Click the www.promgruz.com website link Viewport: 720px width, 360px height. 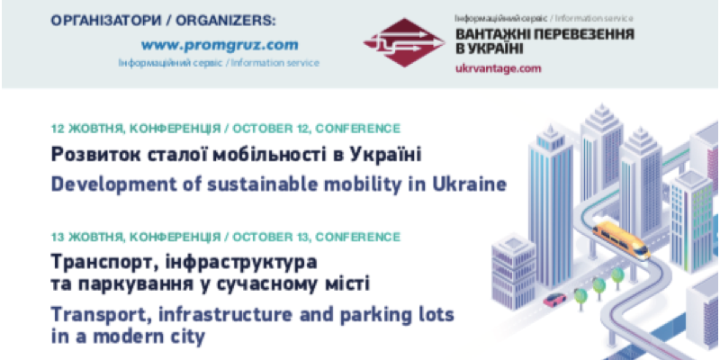pos(220,45)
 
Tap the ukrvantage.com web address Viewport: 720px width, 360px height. pos(499,69)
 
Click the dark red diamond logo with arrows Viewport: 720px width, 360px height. pos(403,42)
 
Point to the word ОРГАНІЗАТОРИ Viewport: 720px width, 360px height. pos(105,21)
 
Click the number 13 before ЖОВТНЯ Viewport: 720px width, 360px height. pos(58,238)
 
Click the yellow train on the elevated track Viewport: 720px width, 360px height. pos(621,239)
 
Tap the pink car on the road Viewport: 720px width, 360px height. pos(554,300)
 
